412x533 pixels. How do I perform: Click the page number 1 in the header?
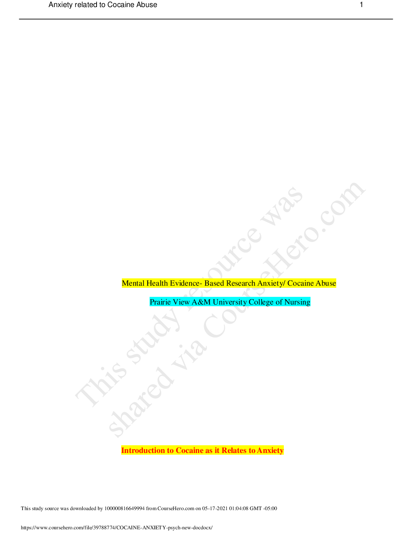pos(361,5)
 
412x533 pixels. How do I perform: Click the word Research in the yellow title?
pos(240,283)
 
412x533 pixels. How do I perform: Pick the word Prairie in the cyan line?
pos(160,302)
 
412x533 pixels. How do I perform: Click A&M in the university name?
pos(201,302)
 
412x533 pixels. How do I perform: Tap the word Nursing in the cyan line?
pos(298,302)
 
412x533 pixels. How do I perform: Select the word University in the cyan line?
pos(230,302)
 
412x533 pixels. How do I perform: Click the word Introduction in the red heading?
pos(143,450)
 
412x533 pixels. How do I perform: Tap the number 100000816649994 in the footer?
pos(125,508)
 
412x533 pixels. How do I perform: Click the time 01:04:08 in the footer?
pos(239,508)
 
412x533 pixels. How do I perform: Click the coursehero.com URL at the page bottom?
pos(117,528)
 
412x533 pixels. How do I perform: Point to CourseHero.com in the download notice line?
pos(176,508)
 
